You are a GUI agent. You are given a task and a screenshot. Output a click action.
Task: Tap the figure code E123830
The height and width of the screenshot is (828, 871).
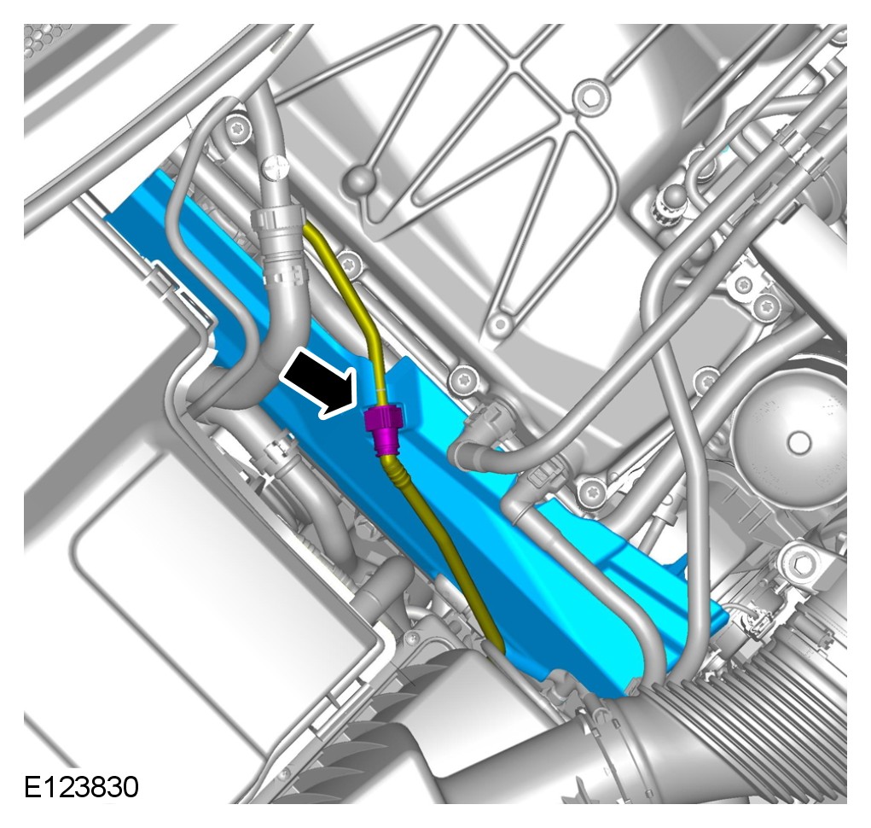[x=81, y=787]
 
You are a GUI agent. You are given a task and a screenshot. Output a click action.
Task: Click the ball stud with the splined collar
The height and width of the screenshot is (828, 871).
[x=674, y=200]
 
